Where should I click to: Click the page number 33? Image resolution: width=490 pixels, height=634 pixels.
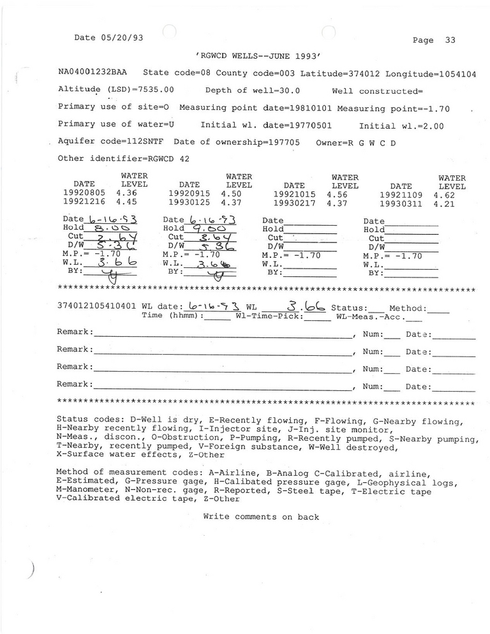450,40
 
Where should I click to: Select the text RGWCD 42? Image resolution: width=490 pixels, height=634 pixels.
168,158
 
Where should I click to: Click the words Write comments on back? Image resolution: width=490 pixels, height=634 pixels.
261,517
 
